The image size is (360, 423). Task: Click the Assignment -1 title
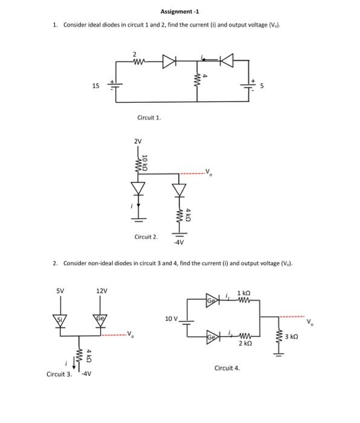point(179,11)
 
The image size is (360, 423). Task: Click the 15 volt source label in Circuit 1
point(96,85)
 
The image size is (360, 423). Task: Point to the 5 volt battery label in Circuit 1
point(262,85)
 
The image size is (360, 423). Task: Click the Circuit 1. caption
point(150,118)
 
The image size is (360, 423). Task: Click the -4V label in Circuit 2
point(179,243)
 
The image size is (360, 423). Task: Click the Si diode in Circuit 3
point(62,318)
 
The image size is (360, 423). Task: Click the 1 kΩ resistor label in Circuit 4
point(245,292)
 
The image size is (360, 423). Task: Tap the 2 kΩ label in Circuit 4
point(245,343)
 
